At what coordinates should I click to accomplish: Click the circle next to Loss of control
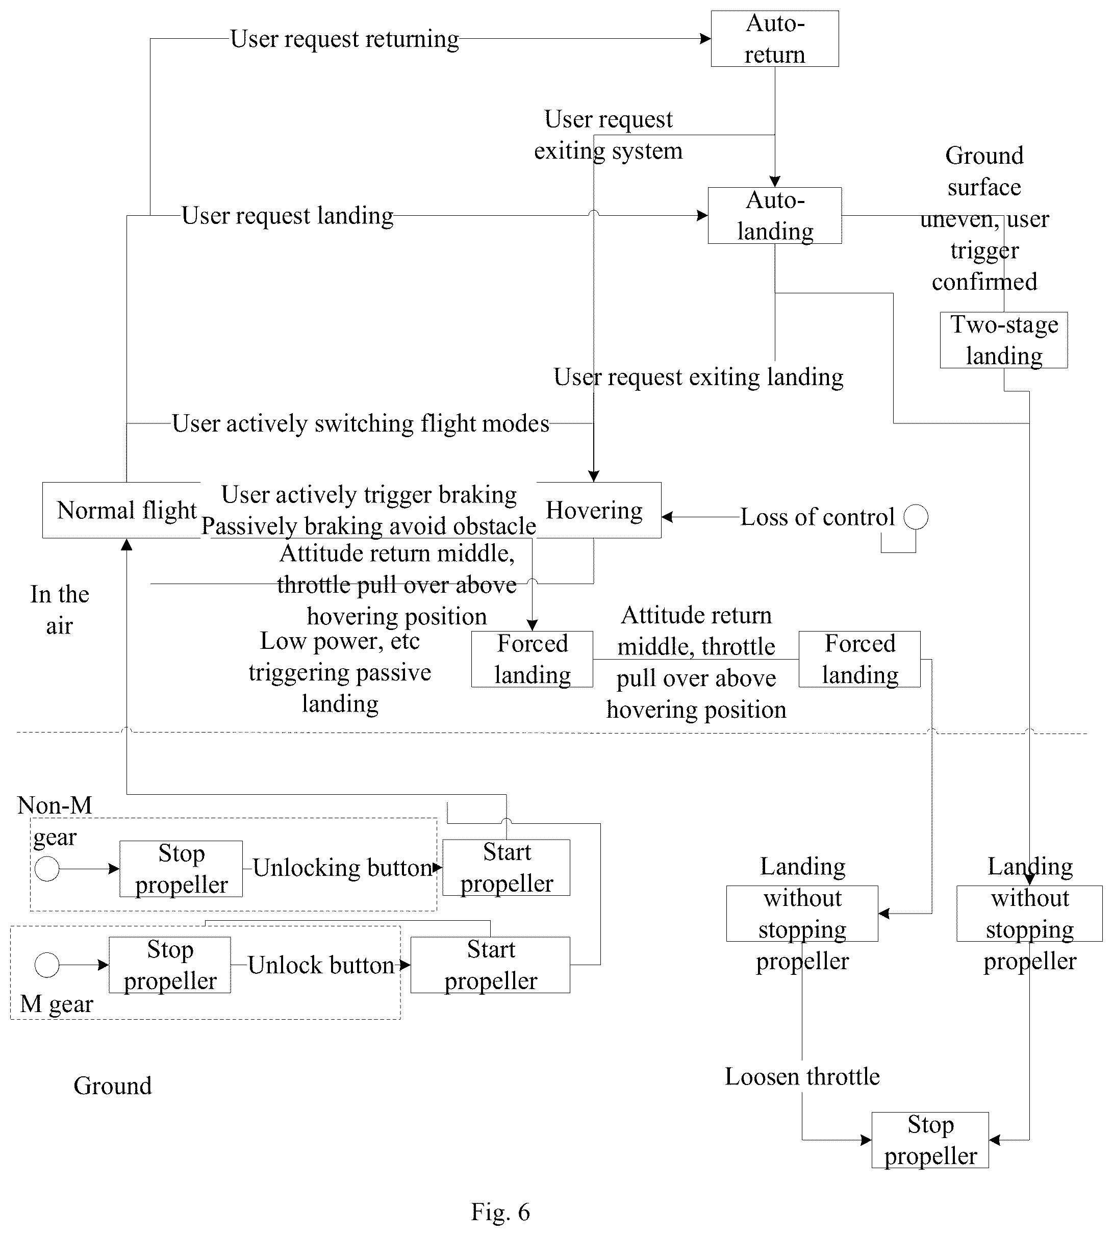coord(916,517)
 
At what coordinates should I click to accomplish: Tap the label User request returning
coord(344,39)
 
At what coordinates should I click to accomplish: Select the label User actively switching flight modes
coord(361,423)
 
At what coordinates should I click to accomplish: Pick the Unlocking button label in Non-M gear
coord(342,868)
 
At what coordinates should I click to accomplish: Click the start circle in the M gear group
coord(47,965)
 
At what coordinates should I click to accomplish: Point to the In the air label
coord(60,610)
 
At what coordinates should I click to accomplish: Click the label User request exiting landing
coord(698,377)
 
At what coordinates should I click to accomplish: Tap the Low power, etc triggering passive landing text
coord(340,672)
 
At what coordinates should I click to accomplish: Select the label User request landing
coord(287,216)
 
